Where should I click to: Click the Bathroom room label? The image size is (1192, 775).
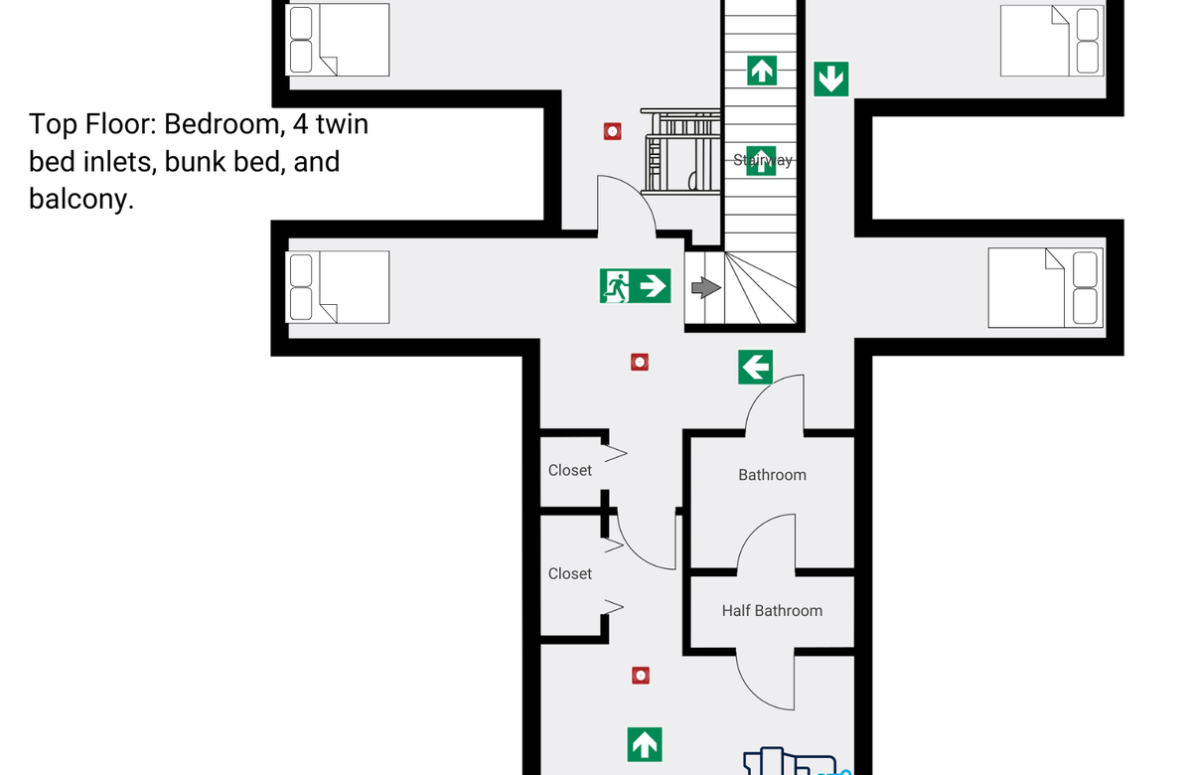772,475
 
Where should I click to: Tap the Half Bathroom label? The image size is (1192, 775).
772,610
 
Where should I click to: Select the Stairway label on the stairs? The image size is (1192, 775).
763,160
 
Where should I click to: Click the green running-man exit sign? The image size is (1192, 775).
635,286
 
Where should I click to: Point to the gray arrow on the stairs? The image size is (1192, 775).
706,287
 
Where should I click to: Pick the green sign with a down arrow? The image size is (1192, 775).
831,79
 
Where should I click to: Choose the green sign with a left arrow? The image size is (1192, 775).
755,367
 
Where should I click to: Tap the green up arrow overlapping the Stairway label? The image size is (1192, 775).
761,161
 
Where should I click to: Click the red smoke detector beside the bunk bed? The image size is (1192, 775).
613,131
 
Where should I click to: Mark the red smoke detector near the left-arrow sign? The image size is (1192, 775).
640,363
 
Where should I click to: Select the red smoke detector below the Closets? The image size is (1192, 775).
641,676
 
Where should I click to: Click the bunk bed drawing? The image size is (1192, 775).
680,151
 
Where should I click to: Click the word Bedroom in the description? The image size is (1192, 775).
222,125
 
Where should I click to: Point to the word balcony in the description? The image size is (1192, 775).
80,200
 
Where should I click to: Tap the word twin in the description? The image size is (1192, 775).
342,124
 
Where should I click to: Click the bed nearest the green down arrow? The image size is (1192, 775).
1052,41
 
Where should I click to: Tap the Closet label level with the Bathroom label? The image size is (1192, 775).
570,471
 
